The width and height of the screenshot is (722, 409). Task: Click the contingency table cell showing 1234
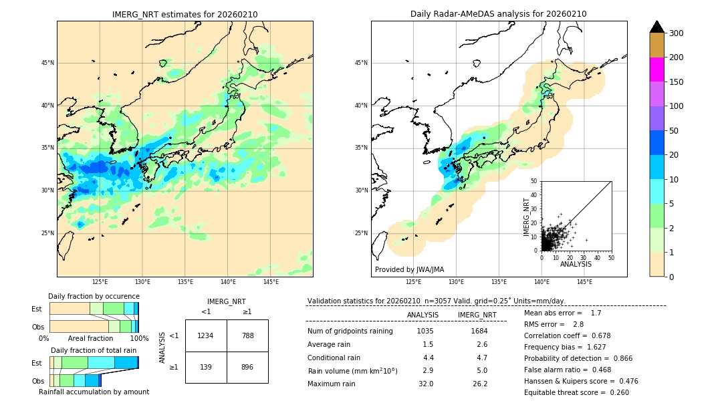(206, 335)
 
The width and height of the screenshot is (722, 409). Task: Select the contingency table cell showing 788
(247, 335)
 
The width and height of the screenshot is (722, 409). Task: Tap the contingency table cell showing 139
(206, 368)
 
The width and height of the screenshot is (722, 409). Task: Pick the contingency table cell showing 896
(247, 368)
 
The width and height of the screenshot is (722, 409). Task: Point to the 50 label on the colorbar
(676, 131)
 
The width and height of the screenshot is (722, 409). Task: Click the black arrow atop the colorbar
(657, 27)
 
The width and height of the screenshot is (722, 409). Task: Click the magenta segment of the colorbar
(657, 70)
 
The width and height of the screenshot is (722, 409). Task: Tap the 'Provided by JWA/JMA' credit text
(409, 270)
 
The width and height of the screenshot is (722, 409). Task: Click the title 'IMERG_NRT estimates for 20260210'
(185, 14)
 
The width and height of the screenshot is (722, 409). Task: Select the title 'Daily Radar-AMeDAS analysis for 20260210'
(499, 14)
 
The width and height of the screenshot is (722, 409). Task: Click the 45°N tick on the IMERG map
(47, 63)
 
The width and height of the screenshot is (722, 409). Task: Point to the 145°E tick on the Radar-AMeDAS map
(584, 282)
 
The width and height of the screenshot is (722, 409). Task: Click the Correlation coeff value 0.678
(596, 335)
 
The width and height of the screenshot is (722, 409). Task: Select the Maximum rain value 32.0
(425, 384)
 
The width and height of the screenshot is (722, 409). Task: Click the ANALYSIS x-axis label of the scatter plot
(576, 264)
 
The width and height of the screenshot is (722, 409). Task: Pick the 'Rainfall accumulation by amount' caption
(94, 392)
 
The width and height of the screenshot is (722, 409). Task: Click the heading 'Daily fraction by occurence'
(94, 296)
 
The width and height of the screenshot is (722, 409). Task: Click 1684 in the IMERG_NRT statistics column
(479, 331)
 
